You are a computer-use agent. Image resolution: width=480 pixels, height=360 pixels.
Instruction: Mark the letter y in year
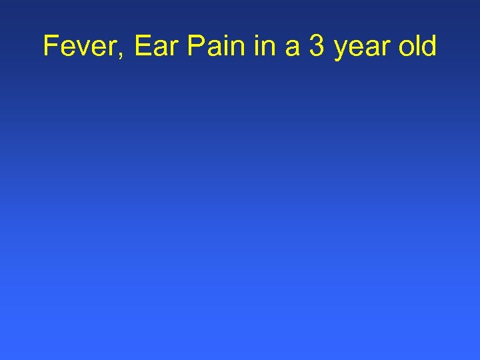(x=341, y=51)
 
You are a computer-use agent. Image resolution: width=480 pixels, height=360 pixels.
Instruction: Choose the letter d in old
(x=429, y=47)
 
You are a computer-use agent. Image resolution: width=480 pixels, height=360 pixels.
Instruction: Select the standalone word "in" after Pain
(x=263, y=47)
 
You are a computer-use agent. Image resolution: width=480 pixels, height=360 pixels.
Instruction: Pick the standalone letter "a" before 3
(x=291, y=49)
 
